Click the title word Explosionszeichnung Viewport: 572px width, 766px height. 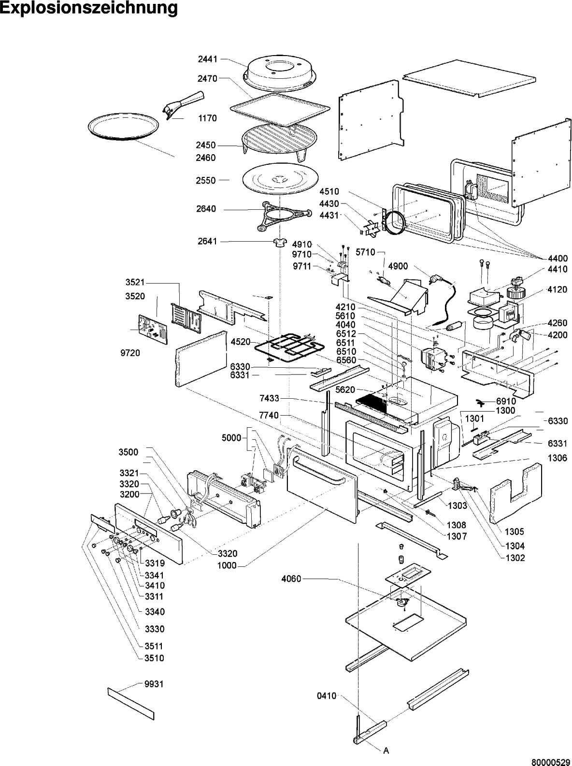(89, 8)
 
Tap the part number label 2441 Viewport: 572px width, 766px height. (208, 59)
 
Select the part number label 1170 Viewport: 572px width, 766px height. (208, 118)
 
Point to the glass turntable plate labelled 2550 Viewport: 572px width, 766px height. (280, 180)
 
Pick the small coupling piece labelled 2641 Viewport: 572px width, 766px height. (280, 243)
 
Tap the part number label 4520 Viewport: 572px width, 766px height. (241, 342)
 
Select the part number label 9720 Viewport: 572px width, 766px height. (130, 353)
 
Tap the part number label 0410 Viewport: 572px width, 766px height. (327, 696)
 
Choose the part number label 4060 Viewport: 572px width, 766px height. (291, 579)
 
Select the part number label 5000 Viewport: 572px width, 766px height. (231, 438)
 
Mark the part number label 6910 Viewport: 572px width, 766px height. (506, 401)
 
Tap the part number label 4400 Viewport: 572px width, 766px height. (558, 259)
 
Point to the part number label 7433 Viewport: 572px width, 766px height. (269, 398)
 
